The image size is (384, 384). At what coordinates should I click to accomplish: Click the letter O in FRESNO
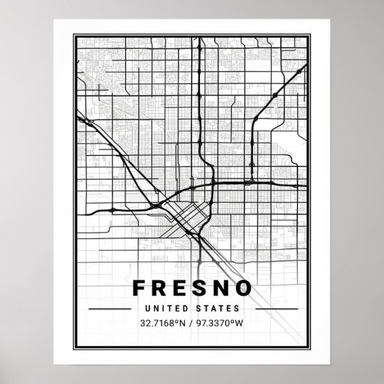[x=243, y=288]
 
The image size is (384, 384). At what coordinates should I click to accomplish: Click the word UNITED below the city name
[x=172, y=308]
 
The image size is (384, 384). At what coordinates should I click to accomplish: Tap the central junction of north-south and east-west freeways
[x=215, y=182]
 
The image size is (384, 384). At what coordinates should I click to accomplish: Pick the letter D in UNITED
[x=188, y=308]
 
